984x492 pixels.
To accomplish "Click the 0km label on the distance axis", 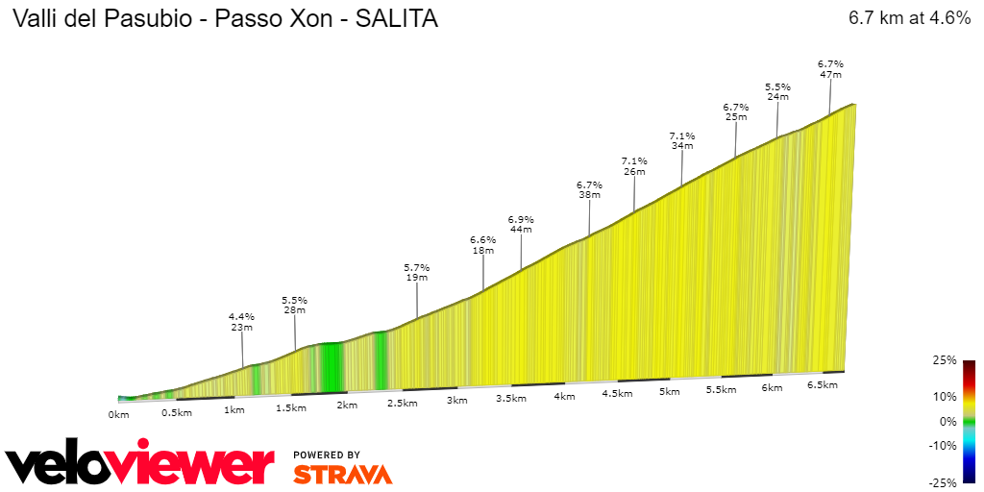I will point(118,415).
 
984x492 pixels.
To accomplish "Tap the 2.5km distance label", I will point(402,403).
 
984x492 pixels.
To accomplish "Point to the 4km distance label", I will point(564,396).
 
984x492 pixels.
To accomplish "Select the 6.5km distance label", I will point(823,384).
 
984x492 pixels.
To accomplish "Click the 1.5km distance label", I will point(290,407).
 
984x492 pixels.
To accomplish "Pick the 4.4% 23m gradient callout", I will point(241,322).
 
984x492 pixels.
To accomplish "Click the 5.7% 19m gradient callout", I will point(416,272).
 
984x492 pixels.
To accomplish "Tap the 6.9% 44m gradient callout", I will point(521,224).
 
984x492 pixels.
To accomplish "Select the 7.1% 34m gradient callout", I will point(681,140).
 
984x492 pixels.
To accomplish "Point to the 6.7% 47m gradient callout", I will point(830,68).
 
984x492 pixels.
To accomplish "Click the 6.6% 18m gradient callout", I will point(482,245).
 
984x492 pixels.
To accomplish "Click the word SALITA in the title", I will point(396,19).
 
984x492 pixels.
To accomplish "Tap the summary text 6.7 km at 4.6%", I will point(909,18).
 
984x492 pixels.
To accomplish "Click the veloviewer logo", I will point(139,465).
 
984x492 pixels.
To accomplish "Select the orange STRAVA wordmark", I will point(342,474).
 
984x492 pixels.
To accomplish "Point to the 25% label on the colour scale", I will point(946,360).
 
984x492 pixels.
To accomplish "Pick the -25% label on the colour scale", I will point(944,482).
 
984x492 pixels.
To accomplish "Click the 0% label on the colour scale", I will point(948,421).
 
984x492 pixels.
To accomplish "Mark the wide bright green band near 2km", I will point(331,367).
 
